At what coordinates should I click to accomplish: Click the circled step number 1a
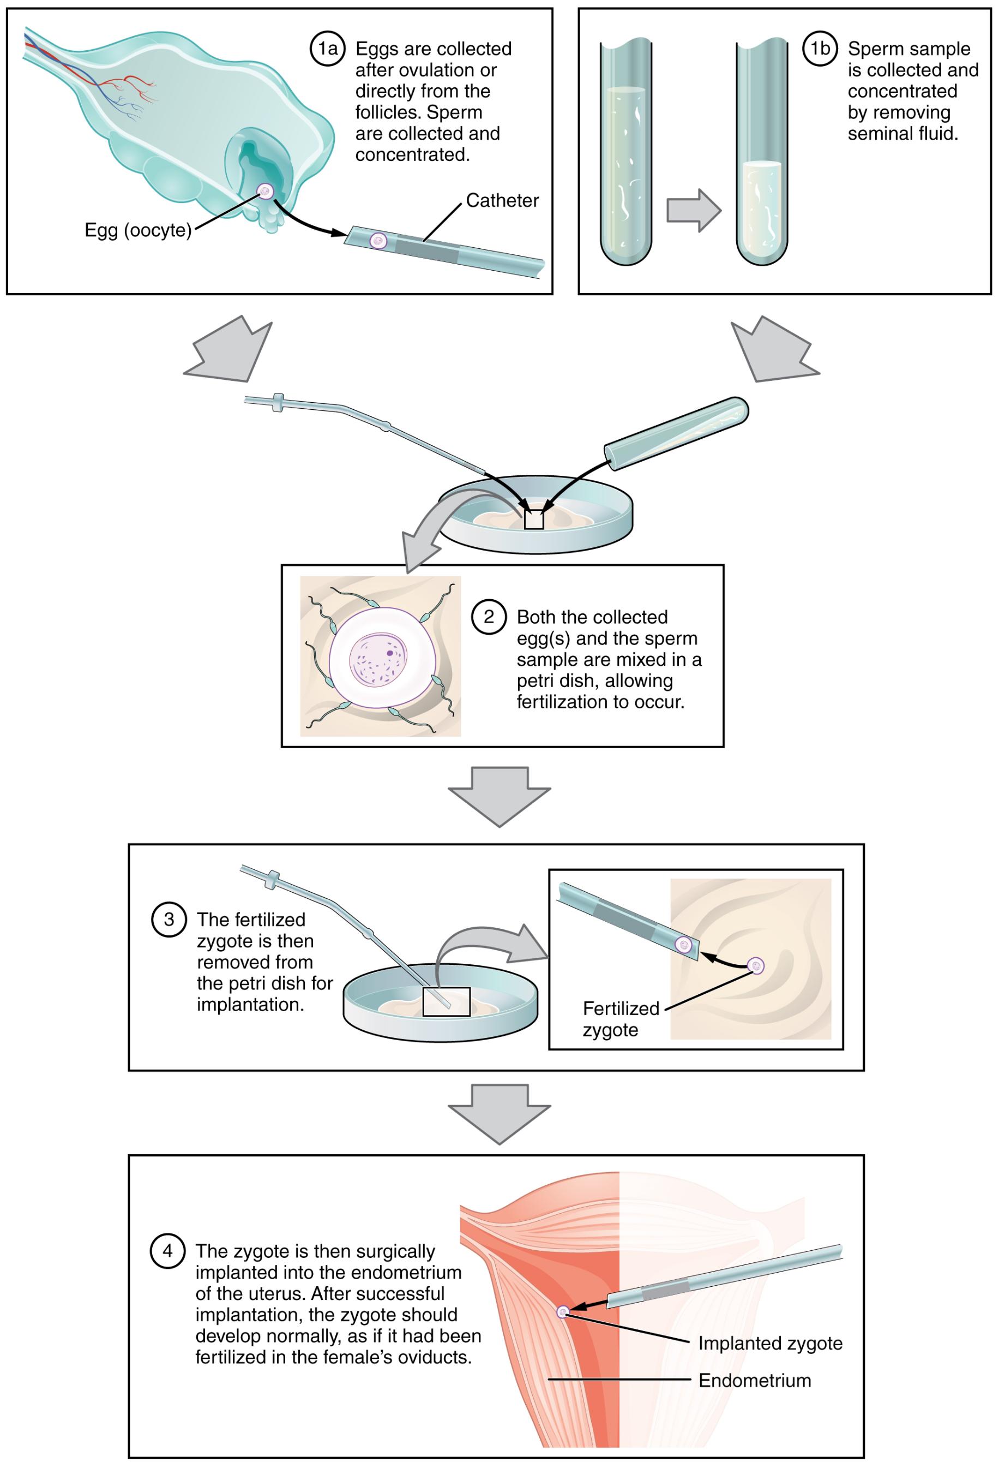(x=328, y=49)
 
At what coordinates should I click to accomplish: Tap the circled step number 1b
(x=820, y=49)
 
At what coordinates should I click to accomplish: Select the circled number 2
(x=489, y=617)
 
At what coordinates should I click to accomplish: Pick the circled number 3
(x=168, y=920)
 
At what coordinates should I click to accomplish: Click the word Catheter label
(x=502, y=201)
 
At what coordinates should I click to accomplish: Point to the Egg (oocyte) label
(x=137, y=230)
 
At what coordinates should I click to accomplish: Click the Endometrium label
(x=755, y=1381)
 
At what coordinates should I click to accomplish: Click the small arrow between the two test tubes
(x=693, y=211)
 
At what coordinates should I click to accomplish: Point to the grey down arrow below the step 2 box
(x=499, y=796)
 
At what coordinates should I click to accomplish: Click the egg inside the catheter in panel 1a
(x=378, y=240)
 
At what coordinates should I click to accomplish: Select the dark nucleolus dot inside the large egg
(x=390, y=653)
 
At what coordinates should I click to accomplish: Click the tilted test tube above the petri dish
(x=677, y=433)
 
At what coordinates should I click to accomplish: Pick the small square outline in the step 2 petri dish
(x=534, y=520)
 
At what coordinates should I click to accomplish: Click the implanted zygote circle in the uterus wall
(x=563, y=1311)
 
